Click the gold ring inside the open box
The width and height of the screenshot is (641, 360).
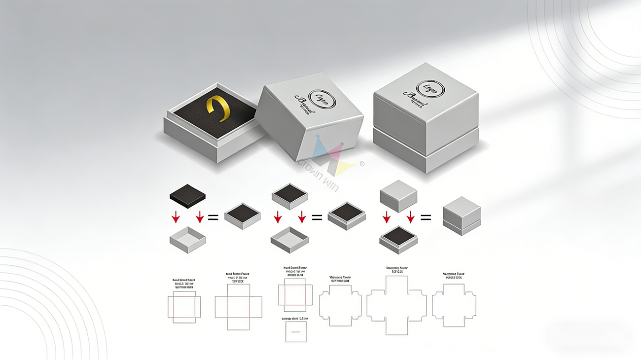(x=218, y=108)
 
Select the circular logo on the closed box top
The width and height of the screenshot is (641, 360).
(x=430, y=89)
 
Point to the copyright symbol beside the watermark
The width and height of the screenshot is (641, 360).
(x=361, y=164)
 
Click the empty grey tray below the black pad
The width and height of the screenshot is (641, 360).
(x=187, y=240)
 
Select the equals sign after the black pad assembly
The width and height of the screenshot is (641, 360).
(x=213, y=217)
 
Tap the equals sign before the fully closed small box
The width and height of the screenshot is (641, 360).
(x=425, y=217)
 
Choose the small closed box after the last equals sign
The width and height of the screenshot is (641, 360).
(x=462, y=216)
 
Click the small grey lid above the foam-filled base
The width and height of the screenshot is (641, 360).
(x=398, y=195)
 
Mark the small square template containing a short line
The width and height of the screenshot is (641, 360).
(x=296, y=331)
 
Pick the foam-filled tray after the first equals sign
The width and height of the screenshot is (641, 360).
(x=242, y=216)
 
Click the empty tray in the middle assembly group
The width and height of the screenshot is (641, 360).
(x=290, y=240)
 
